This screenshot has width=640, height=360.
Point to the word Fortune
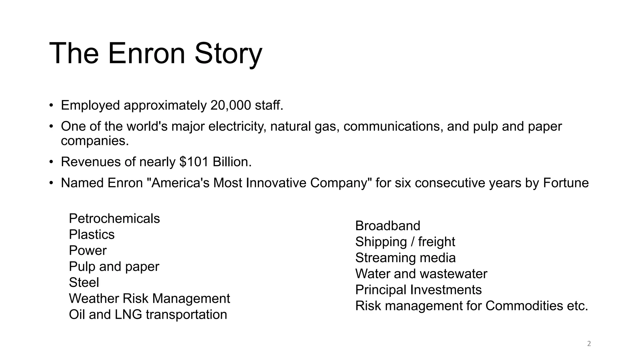coord(566,183)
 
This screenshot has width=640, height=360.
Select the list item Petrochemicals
coord(114,218)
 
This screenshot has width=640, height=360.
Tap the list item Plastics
coord(92,234)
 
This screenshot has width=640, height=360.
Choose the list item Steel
coord(84,282)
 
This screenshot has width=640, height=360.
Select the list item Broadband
coord(388,226)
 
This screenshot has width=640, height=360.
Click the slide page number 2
coord(589,344)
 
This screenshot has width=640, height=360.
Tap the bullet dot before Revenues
coord(51,162)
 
